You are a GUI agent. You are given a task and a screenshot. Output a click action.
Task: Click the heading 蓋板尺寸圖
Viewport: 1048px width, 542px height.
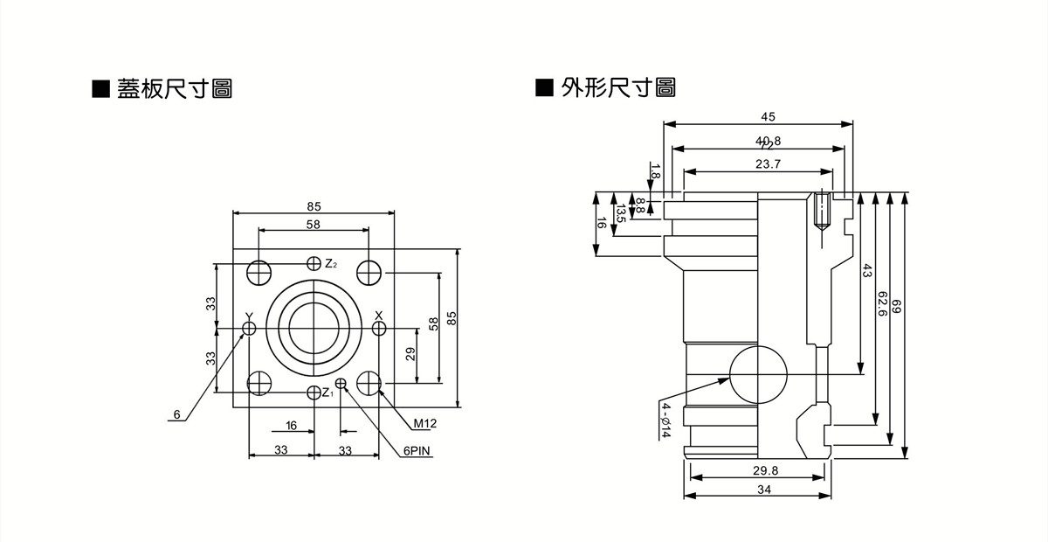click(x=174, y=88)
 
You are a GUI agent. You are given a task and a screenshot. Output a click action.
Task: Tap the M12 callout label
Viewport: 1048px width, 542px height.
click(x=425, y=424)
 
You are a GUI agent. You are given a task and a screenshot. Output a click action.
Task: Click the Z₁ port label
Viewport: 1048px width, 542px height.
click(x=327, y=393)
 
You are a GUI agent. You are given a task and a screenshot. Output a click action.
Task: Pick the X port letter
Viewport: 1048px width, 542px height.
click(x=378, y=315)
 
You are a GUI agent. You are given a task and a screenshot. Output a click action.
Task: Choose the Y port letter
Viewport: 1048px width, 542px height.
click(x=249, y=316)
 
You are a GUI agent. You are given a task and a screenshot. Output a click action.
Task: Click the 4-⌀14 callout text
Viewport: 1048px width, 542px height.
click(x=665, y=420)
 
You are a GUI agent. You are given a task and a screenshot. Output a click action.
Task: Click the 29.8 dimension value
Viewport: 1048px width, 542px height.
click(x=765, y=470)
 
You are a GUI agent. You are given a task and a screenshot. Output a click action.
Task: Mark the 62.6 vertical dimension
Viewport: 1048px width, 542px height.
click(x=881, y=306)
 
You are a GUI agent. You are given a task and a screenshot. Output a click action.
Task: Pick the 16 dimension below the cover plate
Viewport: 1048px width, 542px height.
click(x=291, y=426)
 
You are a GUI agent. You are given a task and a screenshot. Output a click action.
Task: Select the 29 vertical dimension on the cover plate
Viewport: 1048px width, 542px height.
click(x=410, y=355)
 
